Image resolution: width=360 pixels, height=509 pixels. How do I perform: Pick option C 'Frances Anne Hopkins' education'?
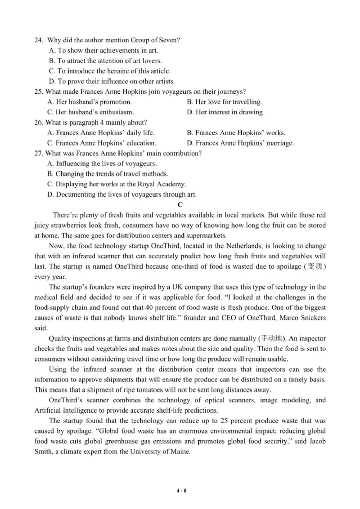pyautogui.click(x=102, y=143)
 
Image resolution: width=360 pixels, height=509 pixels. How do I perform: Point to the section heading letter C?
pyautogui.click(x=180, y=205)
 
